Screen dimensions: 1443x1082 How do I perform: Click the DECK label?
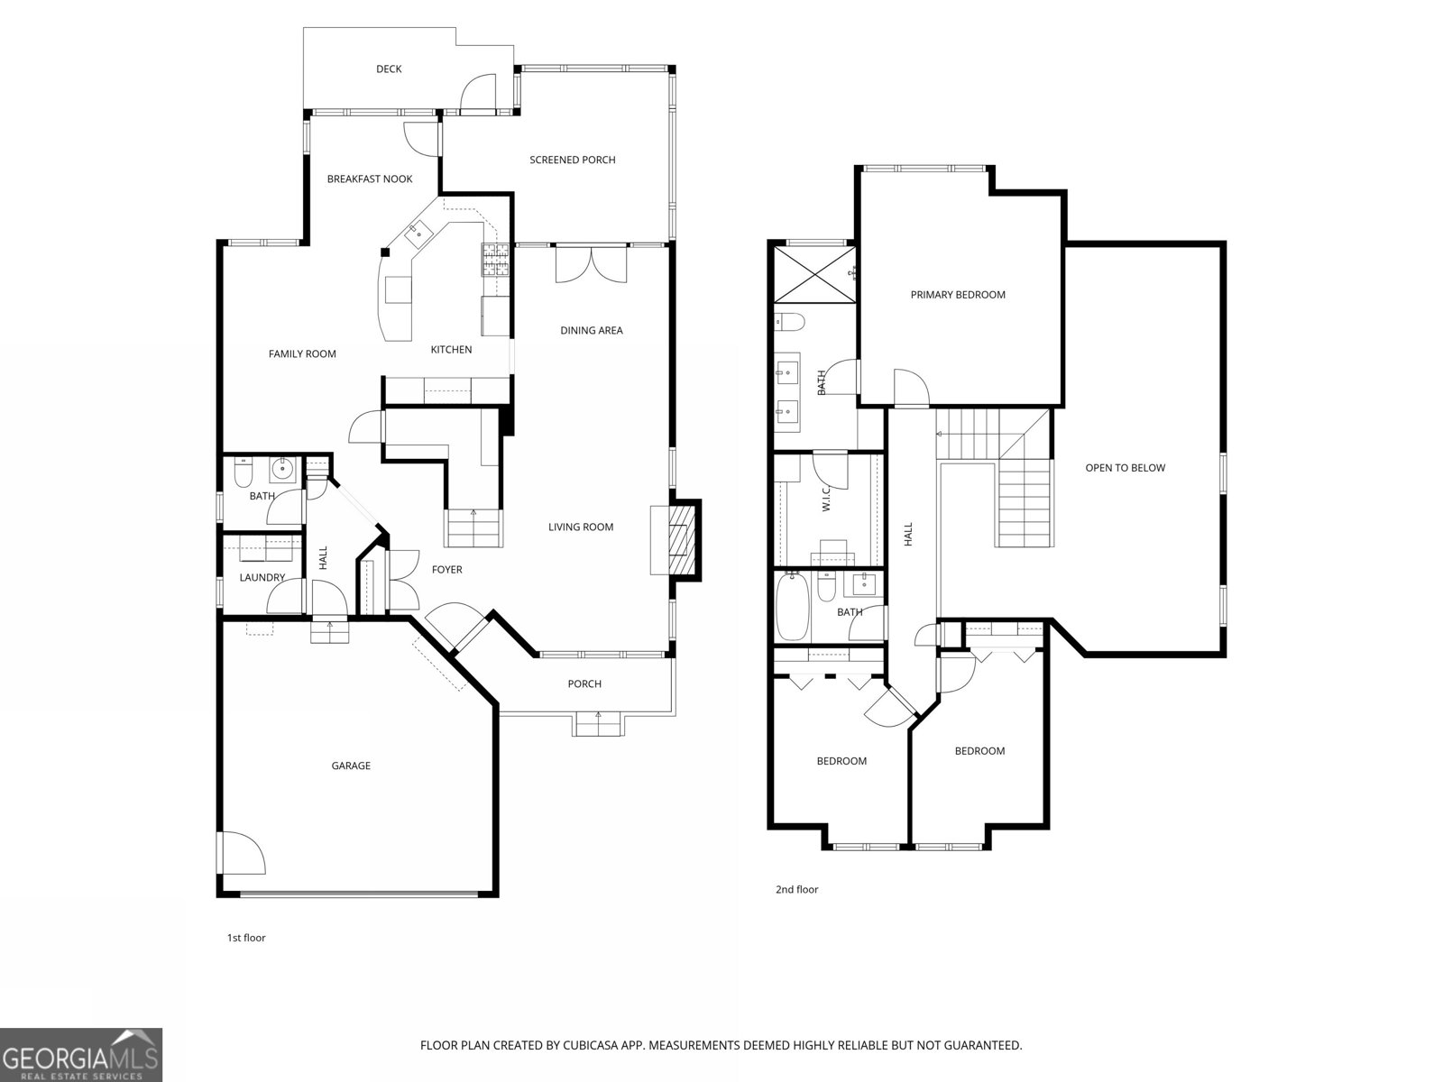[389, 69]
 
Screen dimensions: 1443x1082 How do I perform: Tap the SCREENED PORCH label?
[573, 160]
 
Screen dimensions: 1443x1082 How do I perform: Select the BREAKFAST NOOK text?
[370, 179]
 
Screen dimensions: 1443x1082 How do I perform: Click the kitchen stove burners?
[496, 259]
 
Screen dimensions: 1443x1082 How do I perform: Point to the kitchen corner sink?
[418, 232]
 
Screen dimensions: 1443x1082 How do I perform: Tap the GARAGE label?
[351, 766]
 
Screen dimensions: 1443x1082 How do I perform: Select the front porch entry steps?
[598, 725]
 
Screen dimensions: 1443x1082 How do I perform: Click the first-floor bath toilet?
[244, 470]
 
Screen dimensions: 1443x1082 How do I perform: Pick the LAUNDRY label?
[262, 577]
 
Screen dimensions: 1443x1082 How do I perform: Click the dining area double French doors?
[591, 264]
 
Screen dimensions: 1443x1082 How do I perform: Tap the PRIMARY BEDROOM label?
[958, 295]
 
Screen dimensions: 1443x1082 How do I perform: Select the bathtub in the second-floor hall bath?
[792, 607]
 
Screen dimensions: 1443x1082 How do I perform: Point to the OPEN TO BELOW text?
[1125, 468]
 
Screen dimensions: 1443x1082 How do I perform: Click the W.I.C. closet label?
[826, 499]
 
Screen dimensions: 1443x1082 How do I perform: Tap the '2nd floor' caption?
[796, 890]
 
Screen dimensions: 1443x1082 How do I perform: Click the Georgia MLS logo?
[81, 1055]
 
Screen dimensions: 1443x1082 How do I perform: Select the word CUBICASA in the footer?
[591, 1045]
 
